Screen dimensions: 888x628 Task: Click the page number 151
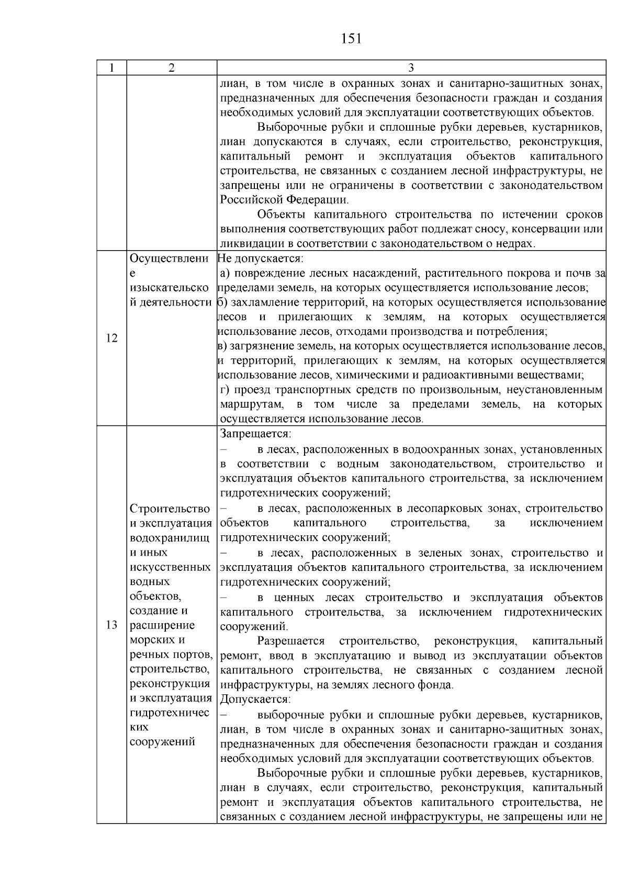[351, 39]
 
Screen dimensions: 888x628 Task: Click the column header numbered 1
[111, 68]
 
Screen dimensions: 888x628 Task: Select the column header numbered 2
[172, 68]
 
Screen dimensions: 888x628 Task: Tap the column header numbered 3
[411, 68]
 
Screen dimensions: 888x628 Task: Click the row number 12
[111, 338]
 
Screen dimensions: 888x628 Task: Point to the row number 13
[111, 625]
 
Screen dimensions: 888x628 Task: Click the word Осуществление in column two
[169, 259]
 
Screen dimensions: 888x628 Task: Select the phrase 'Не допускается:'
[260, 258]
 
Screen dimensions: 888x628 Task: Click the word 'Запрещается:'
[256, 434]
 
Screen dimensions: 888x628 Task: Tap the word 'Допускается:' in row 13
[255, 700]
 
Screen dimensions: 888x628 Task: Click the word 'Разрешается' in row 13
[291, 642]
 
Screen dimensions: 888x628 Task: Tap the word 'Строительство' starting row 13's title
[170, 509]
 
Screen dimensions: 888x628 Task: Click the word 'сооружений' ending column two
[162, 741]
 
